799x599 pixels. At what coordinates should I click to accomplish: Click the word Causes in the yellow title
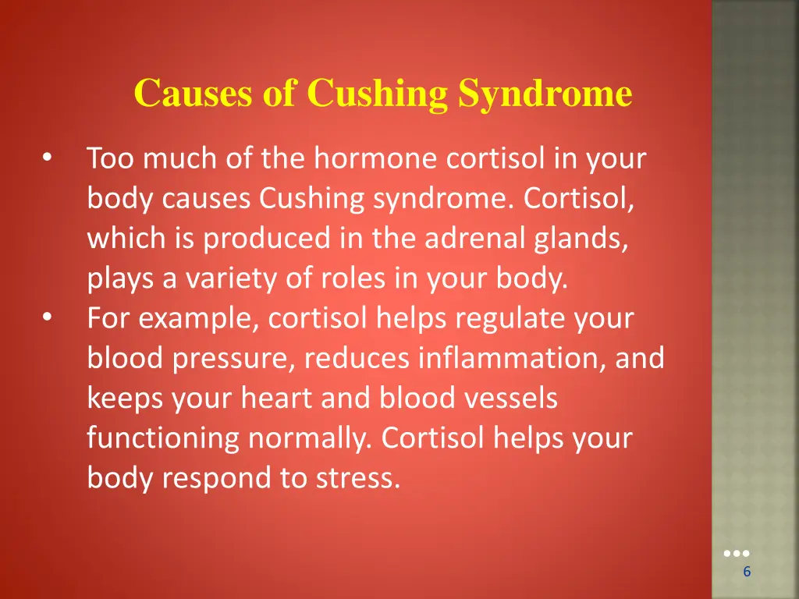click(x=194, y=94)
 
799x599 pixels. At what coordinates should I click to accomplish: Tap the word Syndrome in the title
click(x=545, y=94)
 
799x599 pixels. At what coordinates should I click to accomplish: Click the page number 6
click(x=747, y=572)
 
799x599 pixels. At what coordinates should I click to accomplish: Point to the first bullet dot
click(x=48, y=158)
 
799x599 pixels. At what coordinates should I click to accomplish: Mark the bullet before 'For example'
click(x=48, y=317)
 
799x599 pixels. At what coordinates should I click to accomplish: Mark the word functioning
click(x=163, y=438)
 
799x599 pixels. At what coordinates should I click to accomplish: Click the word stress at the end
click(x=358, y=478)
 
